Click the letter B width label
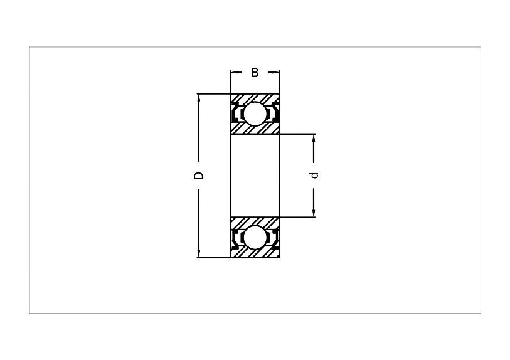[x=255, y=72]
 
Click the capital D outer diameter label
[x=198, y=176]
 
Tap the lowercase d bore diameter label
[x=314, y=176]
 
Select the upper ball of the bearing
[x=255, y=114]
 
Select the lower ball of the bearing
[x=255, y=238]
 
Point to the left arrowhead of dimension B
[x=234, y=72]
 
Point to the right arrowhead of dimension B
[x=276, y=72]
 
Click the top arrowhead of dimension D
[x=198, y=98]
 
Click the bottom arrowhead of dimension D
[x=198, y=254]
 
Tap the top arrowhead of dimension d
[x=314, y=137]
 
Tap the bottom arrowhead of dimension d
[x=314, y=214]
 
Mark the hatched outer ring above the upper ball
[x=255, y=98]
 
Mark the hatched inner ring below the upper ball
[x=255, y=129]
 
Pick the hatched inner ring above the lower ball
[x=255, y=222]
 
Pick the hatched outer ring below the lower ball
[x=255, y=253]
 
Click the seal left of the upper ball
[x=235, y=113]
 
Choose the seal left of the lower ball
[x=235, y=238]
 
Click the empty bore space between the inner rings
[x=255, y=176]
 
